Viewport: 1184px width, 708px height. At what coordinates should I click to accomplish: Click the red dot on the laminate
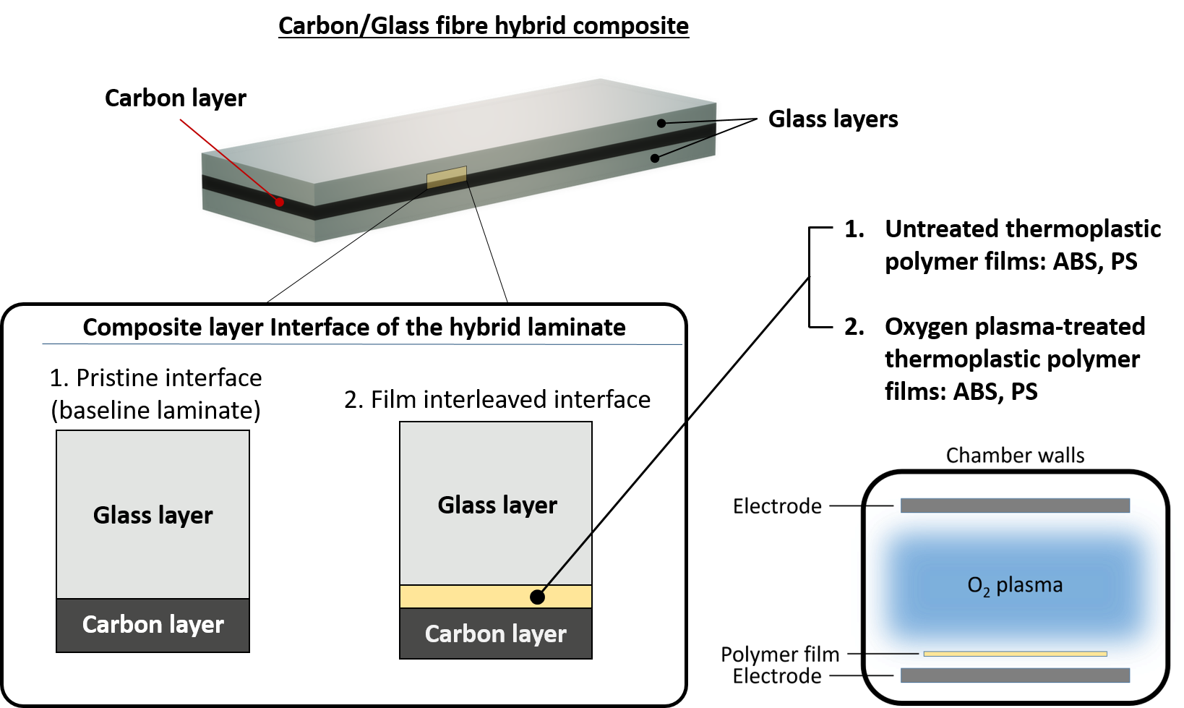tap(280, 202)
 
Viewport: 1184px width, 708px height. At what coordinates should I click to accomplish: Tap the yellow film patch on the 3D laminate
tap(447, 177)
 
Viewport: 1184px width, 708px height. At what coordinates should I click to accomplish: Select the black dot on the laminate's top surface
tap(661, 124)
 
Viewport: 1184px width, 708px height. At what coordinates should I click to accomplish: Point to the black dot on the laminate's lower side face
tap(655, 158)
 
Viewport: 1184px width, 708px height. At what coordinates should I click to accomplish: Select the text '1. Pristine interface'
tap(155, 378)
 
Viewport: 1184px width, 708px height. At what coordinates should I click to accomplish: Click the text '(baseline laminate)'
tap(155, 410)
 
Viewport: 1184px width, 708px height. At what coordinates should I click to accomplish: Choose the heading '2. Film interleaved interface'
tap(497, 399)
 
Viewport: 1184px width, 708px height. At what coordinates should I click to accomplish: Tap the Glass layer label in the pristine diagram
tap(153, 515)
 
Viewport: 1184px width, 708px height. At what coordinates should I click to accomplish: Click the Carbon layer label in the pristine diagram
tap(153, 624)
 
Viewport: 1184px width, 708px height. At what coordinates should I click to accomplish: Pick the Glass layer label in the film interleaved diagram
tap(497, 505)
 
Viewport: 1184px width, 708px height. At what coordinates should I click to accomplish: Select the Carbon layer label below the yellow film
tap(496, 634)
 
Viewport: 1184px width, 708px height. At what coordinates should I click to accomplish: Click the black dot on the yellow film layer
tap(537, 597)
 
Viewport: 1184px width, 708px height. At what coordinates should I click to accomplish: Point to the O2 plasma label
tap(1015, 585)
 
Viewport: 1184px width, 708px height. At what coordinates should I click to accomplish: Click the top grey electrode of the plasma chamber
tap(1015, 506)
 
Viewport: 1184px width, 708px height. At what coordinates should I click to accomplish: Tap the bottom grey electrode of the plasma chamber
tap(1015, 675)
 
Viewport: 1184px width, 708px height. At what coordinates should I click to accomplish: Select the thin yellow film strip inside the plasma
tap(1015, 654)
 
